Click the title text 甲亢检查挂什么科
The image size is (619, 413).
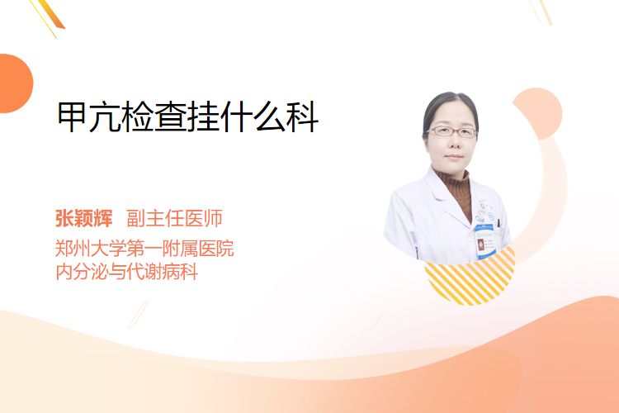(x=188, y=117)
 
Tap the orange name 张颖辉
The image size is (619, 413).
(x=83, y=218)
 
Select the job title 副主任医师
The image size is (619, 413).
(x=174, y=218)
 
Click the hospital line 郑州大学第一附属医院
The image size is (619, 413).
(x=144, y=248)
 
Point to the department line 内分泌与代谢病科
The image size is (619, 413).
(x=127, y=272)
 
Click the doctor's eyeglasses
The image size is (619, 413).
(x=452, y=131)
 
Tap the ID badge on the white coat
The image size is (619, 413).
(x=484, y=241)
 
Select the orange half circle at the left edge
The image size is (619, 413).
(x=15, y=83)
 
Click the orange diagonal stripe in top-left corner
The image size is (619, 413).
(x=51, y=14)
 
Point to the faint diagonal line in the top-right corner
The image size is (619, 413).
(x=541, y=12)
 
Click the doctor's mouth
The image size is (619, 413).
(x=453, y=157)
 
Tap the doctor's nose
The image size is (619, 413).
(x=452, y=141)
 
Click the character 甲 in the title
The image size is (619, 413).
(x=73, y=117)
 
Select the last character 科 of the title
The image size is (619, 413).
(x=303, y=117)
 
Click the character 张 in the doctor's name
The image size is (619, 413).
(x=64, y=218)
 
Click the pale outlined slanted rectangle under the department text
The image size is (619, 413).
(x=139, y=315)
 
